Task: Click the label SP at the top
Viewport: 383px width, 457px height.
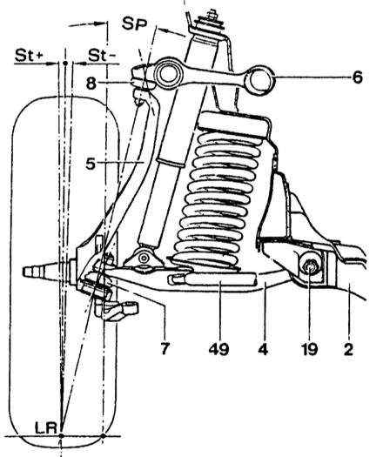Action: [x=134, y=24]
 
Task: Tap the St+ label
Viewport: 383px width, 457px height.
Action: [x=29, y=55]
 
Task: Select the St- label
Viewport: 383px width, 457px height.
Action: [x=100, y=55]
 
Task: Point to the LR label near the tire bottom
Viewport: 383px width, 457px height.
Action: [x=45, y=428]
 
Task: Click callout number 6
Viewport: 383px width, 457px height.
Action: [x=358, y=77]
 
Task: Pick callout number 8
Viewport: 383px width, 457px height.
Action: [x=91, y=84]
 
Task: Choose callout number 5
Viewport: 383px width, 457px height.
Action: [x=91, y=164]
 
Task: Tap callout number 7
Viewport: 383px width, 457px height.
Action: [x=165, y=348]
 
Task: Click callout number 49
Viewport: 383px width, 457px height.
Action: [x=218, y=348]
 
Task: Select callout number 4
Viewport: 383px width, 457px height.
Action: [x=263, y=348]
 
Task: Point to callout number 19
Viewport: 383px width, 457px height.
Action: [x=309, y=348]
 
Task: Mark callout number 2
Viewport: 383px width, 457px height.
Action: [x=348, y=348]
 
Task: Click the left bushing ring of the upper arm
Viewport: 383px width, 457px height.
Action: [x=167, y=74]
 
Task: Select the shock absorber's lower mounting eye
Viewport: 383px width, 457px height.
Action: [x=144, y=258]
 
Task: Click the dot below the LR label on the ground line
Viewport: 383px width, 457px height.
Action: [x=61, y=436]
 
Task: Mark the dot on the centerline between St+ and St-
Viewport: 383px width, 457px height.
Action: [x=65, y=63]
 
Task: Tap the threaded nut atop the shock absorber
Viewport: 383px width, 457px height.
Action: [x=211, y=15]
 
